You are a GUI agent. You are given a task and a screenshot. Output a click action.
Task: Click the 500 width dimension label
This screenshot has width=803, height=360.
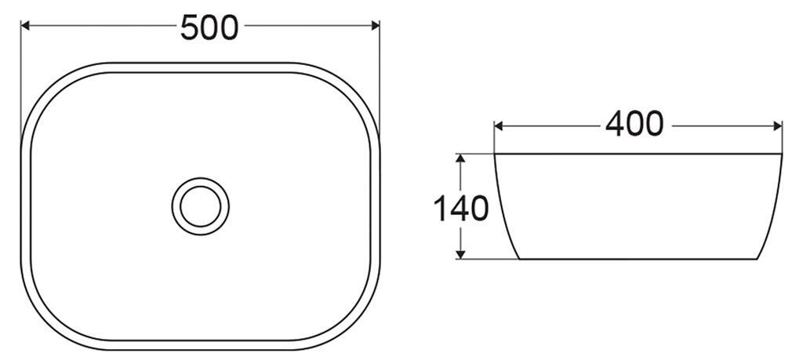(209, 27)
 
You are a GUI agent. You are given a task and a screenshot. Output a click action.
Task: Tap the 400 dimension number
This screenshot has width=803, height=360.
(634, 125)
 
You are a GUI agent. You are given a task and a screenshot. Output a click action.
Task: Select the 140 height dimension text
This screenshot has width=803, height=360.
(462, 208)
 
